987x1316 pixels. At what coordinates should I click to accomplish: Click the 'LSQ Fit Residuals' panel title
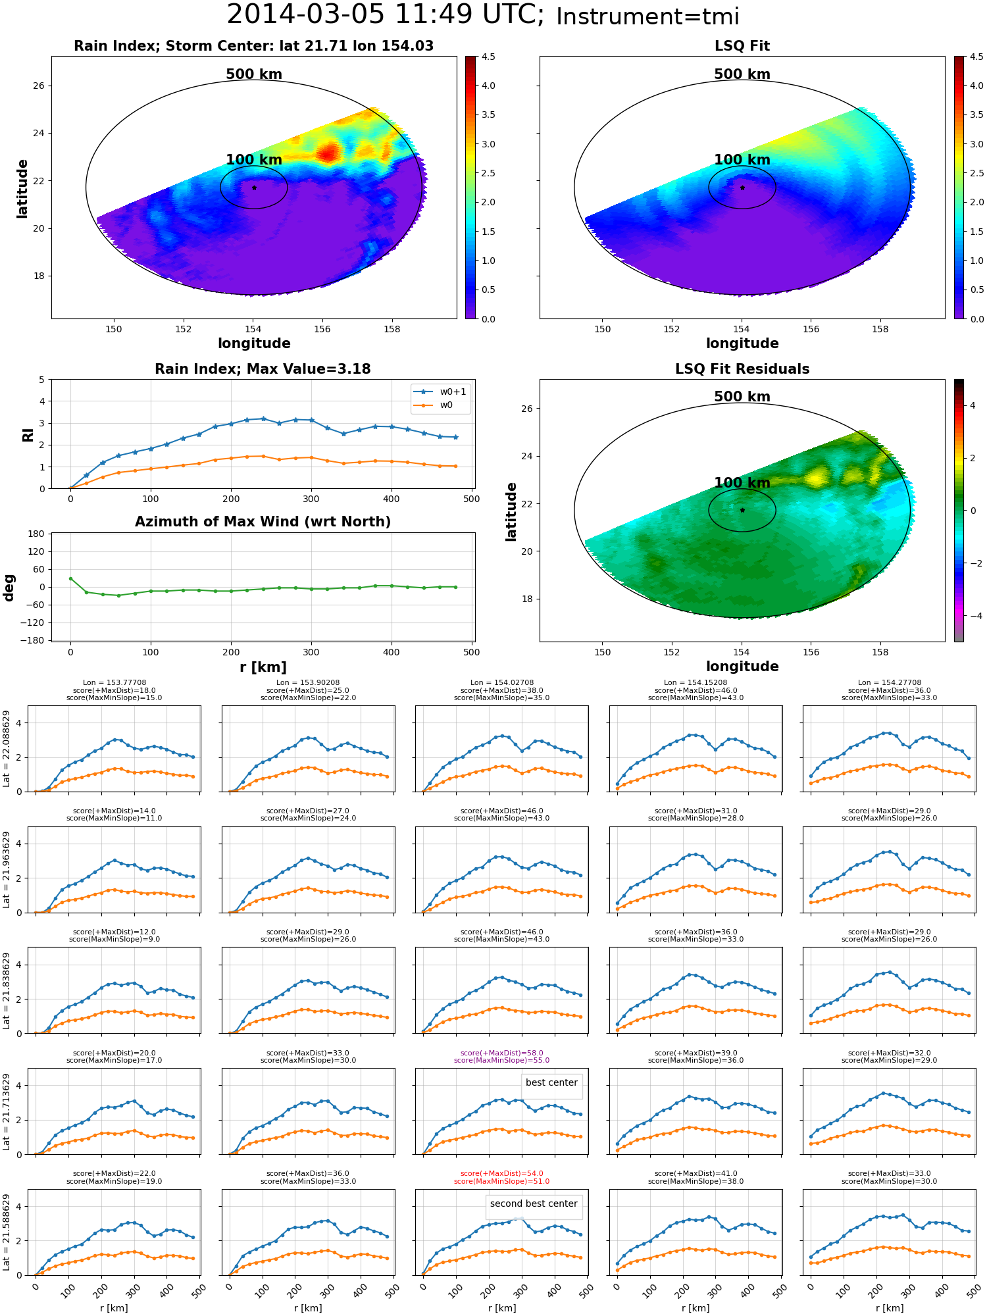pos(742,369)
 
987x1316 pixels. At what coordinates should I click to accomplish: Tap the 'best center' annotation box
pos(551,1082)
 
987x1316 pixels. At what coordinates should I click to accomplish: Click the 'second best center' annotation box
pos(534,1203)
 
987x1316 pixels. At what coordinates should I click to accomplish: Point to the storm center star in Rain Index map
pos(254,188)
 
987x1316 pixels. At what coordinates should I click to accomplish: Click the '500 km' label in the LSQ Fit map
pos(742,74)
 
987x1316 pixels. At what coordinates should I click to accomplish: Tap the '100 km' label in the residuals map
pos(742,483)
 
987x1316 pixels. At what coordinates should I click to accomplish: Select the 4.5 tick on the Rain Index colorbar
pos(488,57)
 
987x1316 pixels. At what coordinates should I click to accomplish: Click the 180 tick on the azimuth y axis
pos(37,534)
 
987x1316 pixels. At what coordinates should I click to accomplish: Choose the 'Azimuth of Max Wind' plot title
pos(263,522)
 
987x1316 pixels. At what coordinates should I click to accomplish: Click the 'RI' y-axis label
pos(28,435)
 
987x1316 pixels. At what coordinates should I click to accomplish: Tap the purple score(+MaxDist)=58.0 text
pos(501,1053)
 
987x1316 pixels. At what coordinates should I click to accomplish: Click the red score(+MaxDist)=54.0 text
pos(501,1174)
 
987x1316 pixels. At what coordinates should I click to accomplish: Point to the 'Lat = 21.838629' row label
pos(7,990)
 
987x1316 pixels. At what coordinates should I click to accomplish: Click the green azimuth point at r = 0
pos(70,578)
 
